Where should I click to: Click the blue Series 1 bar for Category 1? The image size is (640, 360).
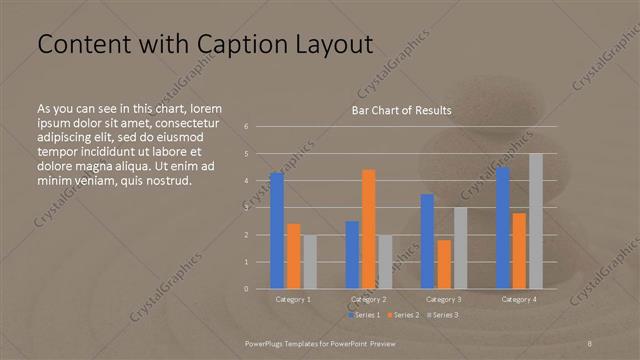[277, 231]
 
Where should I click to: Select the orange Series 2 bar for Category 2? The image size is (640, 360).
[368, 229]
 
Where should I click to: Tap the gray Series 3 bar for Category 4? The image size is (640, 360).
[536, 221]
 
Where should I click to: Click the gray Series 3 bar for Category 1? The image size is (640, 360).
[310, 262]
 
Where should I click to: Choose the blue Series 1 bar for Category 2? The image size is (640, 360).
[352, 255]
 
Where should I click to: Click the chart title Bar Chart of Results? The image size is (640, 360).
[401, 110]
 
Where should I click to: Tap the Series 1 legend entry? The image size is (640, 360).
[363, 315]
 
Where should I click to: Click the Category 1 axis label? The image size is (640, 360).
[293, 299]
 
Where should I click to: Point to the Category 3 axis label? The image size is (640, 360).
[443, 299]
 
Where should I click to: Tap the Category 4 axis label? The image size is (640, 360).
[519, 299]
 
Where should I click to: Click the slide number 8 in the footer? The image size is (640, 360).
[590, 343]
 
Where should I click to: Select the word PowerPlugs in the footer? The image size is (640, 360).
[268, 343]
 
